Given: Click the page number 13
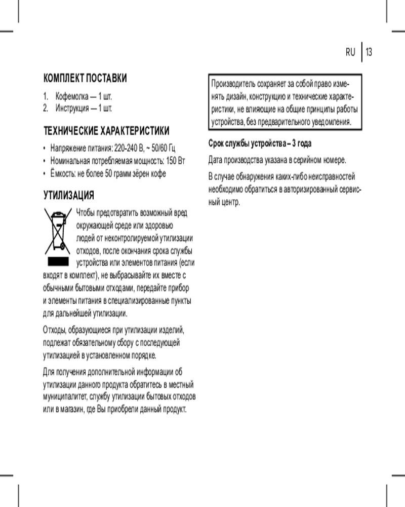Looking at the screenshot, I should coord(369,52).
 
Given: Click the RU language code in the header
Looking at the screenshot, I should coord(350,52).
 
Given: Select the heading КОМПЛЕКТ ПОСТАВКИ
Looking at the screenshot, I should coord(85,78).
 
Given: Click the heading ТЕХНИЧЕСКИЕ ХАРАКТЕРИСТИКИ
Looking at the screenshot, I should coord(106,131).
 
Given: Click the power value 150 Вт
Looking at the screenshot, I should coord(176,161).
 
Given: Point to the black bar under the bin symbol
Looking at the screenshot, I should coord(58,262).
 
